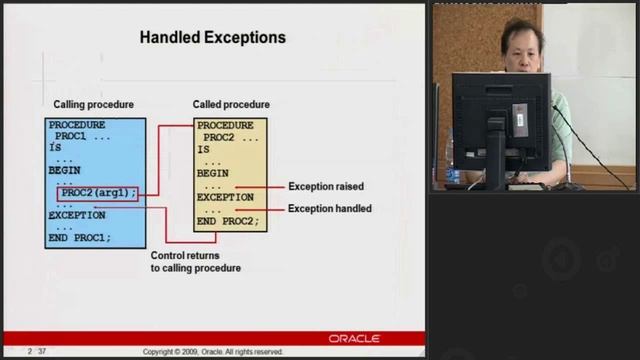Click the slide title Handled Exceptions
(212, 38)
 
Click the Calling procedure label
(93, 105)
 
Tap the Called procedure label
(231, 105)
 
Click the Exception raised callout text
(325, 186)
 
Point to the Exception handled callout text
(329, 209)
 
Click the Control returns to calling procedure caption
(195, 262)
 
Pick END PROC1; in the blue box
(80, 238)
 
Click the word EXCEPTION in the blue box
(77, 215)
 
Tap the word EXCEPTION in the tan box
(225, 198)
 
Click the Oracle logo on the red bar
(354, 339)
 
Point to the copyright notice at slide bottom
(213, 352)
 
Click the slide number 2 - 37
(38, 352)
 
